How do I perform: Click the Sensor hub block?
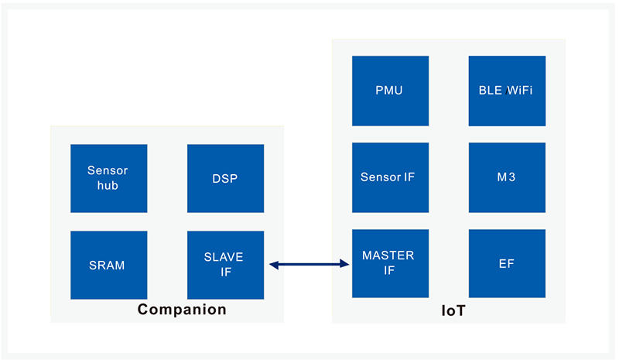point(108,178)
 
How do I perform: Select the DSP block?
point(225,178)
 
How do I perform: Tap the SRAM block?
point(108,265)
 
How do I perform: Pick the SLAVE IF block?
point(225,265)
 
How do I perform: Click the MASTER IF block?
point(390,263)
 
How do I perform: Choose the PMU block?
point(390,91)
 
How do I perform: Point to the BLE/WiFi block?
point(507,91)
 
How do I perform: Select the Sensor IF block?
point(390,177)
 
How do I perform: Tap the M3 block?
point(507,177)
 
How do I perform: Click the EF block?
point(507,263)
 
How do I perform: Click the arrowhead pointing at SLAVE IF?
point(274,265)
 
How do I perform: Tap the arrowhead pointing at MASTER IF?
point(344,265)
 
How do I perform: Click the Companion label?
point(182,310)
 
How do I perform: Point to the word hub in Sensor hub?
point(108,186)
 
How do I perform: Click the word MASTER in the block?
point(388,255)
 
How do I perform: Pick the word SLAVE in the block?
point(224,257)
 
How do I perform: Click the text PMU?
point(389,91)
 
